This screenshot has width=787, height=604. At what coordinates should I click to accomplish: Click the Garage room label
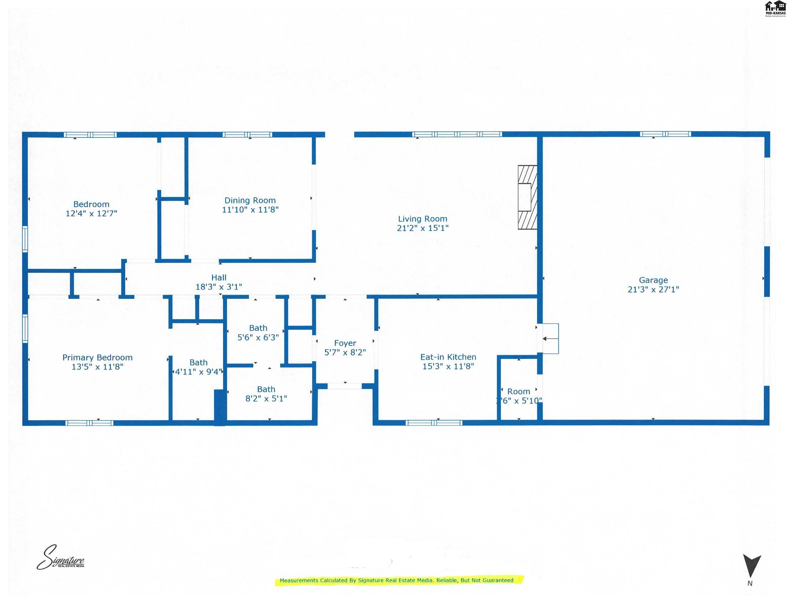pyautogui.click(x=653, y=280)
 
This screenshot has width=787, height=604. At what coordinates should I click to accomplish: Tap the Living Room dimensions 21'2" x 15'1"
pyautogui.click(x=422, y=228)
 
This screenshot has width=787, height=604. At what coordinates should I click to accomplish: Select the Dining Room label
pyautogui.click(x=250, y=201)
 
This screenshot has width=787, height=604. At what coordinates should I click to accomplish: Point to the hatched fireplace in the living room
pyautogui.click(x=527, y=197)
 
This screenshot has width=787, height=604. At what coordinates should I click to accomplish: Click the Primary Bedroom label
pyautogui.click(x=98, y=357)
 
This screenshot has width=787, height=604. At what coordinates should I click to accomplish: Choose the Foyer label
pyautogui.click(x=345, y=343)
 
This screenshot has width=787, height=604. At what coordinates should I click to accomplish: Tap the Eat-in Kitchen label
pyautogui.click(x=448, y=357)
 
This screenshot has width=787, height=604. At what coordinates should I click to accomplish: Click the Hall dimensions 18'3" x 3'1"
pyautogui.click(x=218, y=287)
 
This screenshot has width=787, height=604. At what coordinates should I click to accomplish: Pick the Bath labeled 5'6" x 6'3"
pyautogui.click(x=258, y=333)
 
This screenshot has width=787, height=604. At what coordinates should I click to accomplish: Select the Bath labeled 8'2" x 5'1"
pyautogui.click(x=266, y=394)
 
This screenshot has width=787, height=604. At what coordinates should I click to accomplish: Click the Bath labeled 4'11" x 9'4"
pyautogui.click(x=198, y=367)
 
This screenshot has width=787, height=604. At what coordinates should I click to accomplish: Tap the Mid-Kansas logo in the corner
pyautogui.click(x=775, y=9)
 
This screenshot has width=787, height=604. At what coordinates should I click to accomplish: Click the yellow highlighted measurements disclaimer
pyautogui.click(x=396, y=580)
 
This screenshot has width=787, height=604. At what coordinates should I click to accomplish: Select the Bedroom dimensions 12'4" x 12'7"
pyautogui.click(x=91, y=214)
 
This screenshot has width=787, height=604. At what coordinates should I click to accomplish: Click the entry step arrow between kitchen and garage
pyautogui.click(x=550, y=339)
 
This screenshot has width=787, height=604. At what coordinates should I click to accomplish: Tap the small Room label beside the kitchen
pyautogui.click(x=519, y=391)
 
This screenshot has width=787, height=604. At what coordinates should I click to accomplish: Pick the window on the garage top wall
pyautogui.click(x=665, y=134)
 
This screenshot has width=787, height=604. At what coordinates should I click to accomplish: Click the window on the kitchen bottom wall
pyautogui.click(x=434, y=423)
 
